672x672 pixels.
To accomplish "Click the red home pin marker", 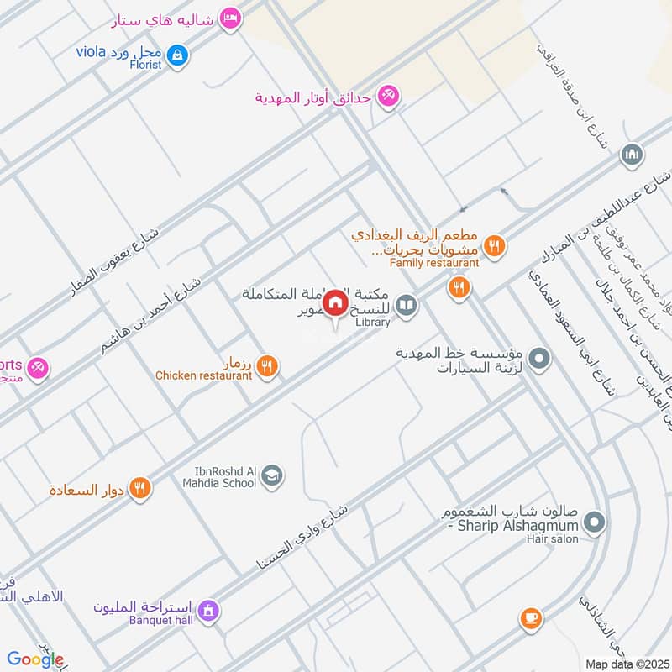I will [336, 302].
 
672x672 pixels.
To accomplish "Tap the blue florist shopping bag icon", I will [176, 55].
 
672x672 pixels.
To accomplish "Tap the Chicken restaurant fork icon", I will [267, 366].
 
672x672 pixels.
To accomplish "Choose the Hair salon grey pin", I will [594, 524].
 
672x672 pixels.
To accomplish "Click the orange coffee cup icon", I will [530, 618].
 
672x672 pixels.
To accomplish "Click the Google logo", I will [35, 659].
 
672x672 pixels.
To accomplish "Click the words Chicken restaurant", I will [203, 376].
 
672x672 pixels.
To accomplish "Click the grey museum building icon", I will [631, 155].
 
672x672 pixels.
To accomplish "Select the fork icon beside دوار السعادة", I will [140, 487].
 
